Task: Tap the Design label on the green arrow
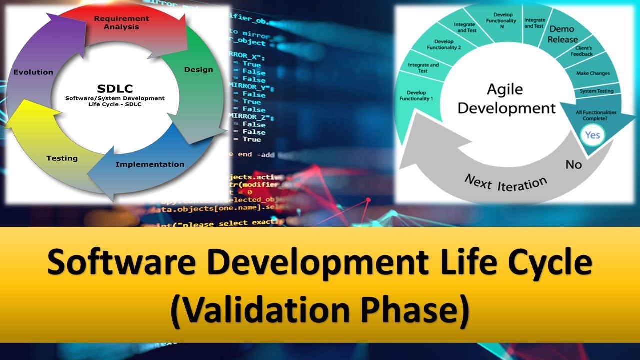click(x=198, y=70)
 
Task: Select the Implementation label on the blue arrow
click(x=150, y=164)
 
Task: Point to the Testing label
click(x=62, y=158)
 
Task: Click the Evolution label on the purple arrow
click(x=33, y=72)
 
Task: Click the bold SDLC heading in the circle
click(x=115, y=89)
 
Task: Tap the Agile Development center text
click(x=506, y=99)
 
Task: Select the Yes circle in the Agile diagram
click(x=592, y=135)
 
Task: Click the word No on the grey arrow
click(x=573, y=164)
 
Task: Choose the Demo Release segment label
click(x=562, y=34)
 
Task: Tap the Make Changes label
click(x=593, y=73)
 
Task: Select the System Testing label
click(x=596, y=91)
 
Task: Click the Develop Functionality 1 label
click(x=416, y=96)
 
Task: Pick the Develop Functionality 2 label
click(x=444, y=45)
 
